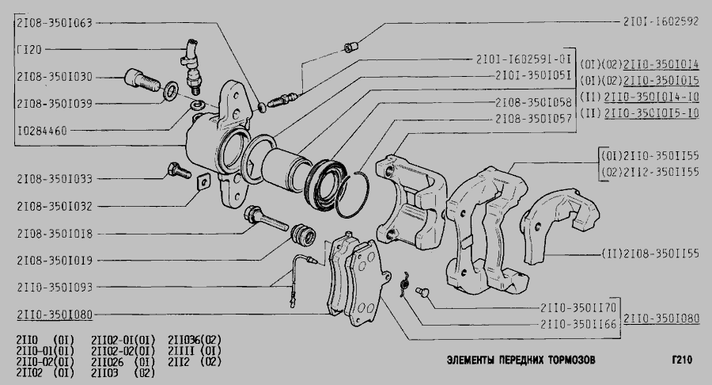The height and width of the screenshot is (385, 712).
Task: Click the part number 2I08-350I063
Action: coord(55,23)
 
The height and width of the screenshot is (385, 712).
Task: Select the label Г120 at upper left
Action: coord(29,50)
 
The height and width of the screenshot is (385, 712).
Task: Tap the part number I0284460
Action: coord(42,131)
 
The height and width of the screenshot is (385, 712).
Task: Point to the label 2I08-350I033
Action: coord(55,178)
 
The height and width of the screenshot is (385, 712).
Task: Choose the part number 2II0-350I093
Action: coord(55,288)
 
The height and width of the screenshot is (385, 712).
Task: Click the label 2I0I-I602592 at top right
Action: coord(661,21)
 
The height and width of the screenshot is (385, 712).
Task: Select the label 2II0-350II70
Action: coord(578,307)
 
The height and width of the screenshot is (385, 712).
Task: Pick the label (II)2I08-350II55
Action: coord(650,253)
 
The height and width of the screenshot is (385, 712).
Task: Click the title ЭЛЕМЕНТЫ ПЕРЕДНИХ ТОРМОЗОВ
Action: coord(521,360)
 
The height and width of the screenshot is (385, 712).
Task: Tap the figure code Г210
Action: coord(682,360)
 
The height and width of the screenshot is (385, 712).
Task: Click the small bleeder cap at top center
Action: coord(350,47)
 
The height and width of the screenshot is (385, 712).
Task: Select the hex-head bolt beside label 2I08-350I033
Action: coord(179,170)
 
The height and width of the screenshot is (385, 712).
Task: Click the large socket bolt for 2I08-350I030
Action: coord(142,81)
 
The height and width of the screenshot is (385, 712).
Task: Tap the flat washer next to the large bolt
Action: coord(170,91)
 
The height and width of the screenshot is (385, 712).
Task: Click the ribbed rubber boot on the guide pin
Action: coord(303,235)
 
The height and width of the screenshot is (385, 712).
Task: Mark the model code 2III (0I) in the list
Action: coord(195,351)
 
